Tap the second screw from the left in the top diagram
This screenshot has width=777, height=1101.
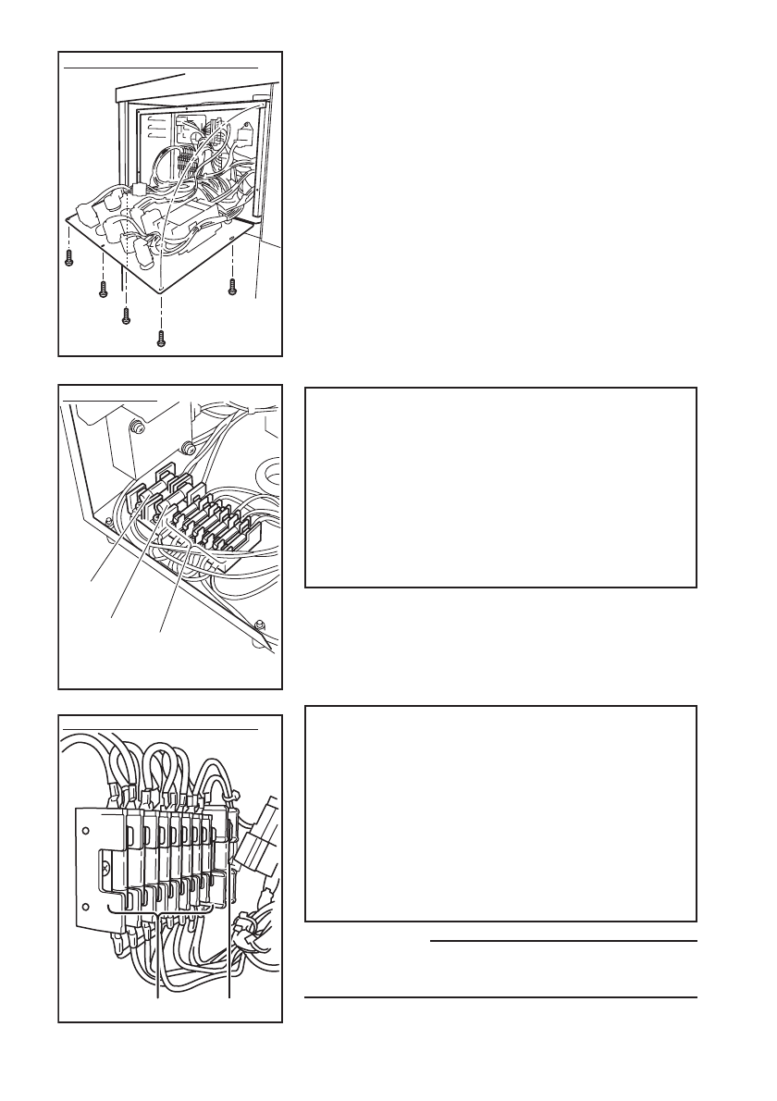[x=104, y=290]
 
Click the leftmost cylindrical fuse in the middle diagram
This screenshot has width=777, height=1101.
[x=154, y=488]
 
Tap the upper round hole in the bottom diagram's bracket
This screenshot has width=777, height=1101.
[x=85, y=830]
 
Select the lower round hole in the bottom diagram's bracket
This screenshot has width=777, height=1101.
[x=85, y=907]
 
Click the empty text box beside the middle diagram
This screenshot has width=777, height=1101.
[x=500, y=488]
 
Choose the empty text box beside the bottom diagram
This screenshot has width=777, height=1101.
[x=500, y=814]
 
